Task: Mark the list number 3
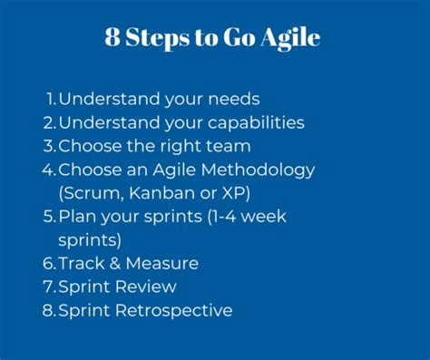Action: (49, 145)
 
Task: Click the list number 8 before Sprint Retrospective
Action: (49, 310)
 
